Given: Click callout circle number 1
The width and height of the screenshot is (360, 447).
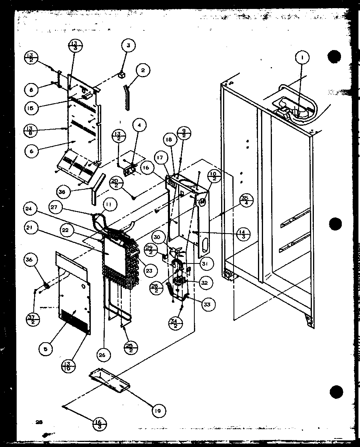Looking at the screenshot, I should point(303,59).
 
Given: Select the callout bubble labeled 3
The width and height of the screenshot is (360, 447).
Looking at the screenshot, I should point(128,46).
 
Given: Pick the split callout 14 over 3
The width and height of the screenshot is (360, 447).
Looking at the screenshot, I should point(244,234).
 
